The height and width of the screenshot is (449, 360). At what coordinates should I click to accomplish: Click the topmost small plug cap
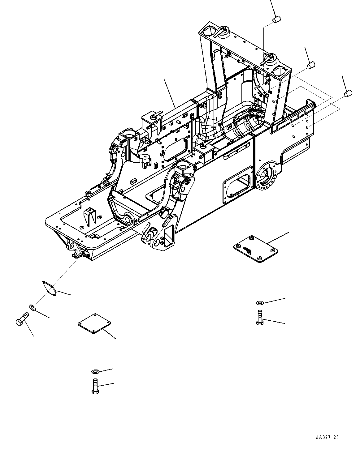276,19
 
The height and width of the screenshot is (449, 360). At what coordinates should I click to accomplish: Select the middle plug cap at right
311,65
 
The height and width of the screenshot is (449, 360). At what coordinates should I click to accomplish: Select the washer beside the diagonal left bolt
33,307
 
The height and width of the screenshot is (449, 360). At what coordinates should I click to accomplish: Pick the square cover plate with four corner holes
94,323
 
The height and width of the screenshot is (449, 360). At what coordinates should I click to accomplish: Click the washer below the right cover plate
259,302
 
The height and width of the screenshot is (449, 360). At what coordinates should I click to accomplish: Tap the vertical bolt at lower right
259,318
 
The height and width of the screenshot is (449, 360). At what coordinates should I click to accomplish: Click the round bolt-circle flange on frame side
266,176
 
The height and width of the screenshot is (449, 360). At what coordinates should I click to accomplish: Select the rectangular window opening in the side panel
237,186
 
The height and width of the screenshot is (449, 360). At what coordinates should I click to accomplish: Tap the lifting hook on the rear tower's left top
222,30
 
